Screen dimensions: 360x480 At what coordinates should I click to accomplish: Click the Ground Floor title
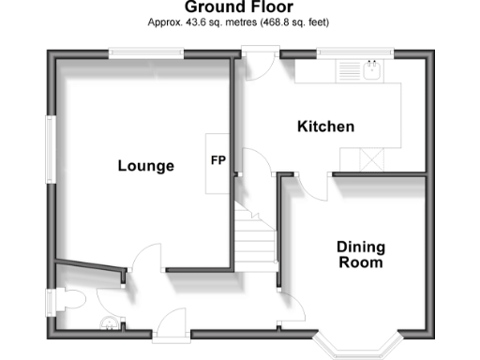(x=239, y=8)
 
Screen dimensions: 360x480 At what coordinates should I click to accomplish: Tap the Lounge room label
(x=145, y=166)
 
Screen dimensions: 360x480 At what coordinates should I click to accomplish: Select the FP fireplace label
(x=217, y=159)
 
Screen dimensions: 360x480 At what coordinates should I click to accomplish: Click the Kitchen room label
(x=325, y=127)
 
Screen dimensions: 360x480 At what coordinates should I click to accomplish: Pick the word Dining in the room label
(x=361, y=247)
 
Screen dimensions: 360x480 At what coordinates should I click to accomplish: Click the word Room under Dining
(x=361, y=263)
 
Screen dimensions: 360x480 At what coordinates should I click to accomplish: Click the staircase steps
(x=252, y=241)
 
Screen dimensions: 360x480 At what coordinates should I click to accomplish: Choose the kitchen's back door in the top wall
(x=258, y=56)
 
